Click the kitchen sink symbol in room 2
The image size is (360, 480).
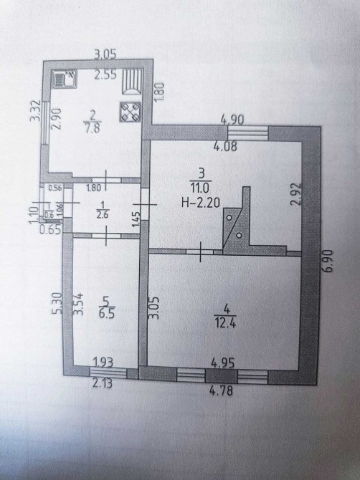coord(65,80)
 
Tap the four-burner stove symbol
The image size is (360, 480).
coord(131,112)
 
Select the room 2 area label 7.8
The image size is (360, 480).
coord(92,128)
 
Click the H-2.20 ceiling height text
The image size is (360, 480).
coord(201,202)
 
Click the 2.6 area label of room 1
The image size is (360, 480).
coord(103,215)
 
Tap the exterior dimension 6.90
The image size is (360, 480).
coord(328,261)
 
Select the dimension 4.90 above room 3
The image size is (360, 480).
coord(232,120)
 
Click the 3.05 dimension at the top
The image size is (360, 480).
coord(105,54)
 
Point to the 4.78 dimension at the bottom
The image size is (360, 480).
coord(222,390)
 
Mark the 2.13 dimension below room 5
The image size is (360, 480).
coord(102,383)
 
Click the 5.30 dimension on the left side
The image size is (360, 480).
coord(57,303)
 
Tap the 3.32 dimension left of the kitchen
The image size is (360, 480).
coord(35,110)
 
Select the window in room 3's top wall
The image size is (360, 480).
coord(248,133)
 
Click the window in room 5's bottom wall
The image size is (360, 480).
coord(108,373)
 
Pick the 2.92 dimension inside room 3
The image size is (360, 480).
coord(297,194)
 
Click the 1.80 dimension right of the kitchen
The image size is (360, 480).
coord(161,92)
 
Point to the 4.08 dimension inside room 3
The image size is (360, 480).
coord(225,146)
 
